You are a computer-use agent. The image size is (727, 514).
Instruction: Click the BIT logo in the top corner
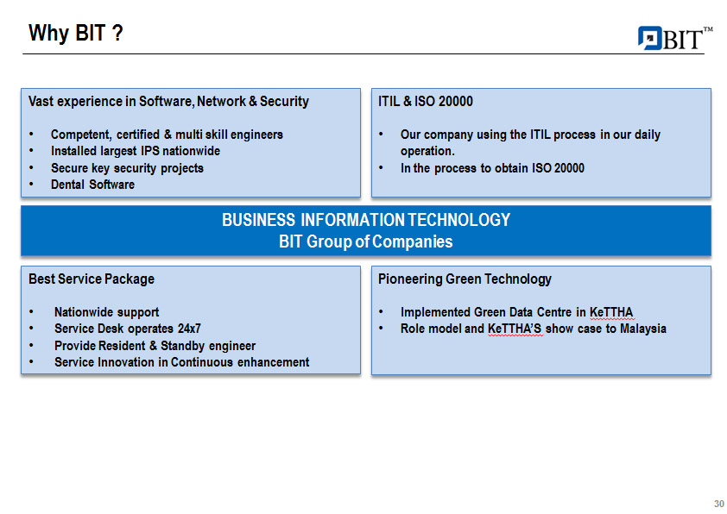click(x=675, y=38)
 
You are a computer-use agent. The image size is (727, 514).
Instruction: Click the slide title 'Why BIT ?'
click(x=76, y=34)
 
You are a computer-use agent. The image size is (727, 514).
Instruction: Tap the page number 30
click(x=718, y=504)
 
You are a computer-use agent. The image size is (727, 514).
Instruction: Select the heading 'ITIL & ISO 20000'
click(x=425, y=102)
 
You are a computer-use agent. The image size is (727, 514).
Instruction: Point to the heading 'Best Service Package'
click(x=92, y=279)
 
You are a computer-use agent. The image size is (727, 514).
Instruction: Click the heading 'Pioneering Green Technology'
click(x=465, y=279)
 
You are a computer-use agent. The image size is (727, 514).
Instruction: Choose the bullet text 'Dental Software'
click(x=92, y=185)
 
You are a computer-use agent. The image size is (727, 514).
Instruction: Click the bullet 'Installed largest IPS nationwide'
click(x=136, y=151)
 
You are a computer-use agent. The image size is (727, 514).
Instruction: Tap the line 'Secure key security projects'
click(x=127, y=168)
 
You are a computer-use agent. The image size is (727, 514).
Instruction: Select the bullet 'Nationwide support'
click(x=107, y=312)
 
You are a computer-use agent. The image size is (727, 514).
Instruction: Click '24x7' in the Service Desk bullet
click(x=189, y=329)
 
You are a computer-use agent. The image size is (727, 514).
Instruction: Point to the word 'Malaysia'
click(x=642, y=329)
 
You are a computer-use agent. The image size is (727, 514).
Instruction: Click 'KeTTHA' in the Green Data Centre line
click(x=611, y=312)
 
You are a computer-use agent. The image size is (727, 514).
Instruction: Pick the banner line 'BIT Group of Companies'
click(x=366, y=241)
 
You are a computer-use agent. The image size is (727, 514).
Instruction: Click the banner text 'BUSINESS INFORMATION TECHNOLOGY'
click(x=366, y=220)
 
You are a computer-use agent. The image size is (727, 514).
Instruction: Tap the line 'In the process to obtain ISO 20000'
click(x=492, y=168)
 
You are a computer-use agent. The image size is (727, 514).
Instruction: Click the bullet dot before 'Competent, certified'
click(x=31, y=135)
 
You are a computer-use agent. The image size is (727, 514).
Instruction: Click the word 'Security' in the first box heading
click(x=284, y=102)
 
